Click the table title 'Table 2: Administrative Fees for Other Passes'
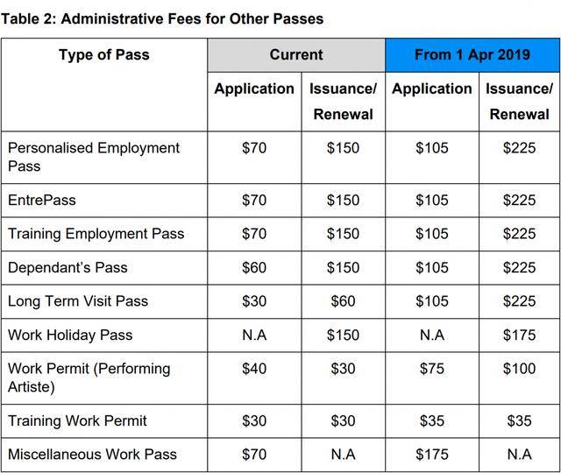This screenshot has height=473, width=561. pos(162,18)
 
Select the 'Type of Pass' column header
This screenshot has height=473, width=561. pos(103,55)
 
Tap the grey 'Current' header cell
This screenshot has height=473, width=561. pos(296,55)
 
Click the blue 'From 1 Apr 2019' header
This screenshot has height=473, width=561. pos(472,55)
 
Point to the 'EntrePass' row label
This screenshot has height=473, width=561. pos(42,201)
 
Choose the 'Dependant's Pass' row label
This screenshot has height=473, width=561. pos(67,268)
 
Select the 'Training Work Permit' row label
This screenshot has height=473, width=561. pos(77,421)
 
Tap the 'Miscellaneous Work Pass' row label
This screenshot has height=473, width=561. pos(92,455)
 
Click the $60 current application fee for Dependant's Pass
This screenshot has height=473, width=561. pos(254,268)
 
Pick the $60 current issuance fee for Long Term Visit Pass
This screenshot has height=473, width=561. pos(343,301)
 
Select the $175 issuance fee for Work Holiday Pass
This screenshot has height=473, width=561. pos(519,335)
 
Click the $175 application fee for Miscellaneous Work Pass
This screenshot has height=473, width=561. pos(431,455)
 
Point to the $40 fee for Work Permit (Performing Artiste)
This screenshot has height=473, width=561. pos(254,369)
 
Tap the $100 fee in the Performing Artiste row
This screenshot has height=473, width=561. pos(519,369)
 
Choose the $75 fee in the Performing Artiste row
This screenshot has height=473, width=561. pos(431,369)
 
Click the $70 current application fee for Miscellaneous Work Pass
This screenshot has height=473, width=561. pos(254,455)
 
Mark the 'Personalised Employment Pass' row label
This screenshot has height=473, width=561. pos(94,157)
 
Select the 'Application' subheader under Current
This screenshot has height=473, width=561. pos(254,88)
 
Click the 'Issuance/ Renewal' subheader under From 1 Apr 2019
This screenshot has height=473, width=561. pos(519,101)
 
